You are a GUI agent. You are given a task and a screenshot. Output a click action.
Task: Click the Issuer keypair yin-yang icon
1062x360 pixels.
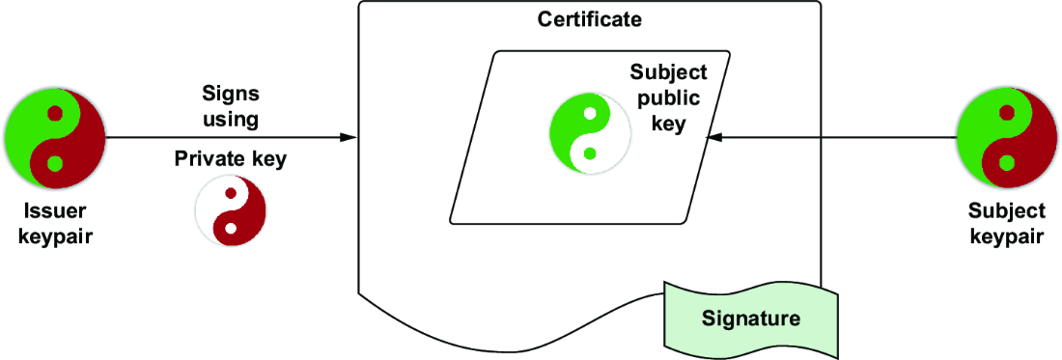click(x=55, y=138)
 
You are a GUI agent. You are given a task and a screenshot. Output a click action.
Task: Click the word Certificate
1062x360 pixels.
click(x=589, y=19)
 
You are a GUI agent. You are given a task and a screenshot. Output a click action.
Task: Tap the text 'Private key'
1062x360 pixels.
click(x=231, y=159)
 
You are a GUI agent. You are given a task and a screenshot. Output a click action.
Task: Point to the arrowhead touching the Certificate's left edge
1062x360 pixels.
click(x=349, y=138)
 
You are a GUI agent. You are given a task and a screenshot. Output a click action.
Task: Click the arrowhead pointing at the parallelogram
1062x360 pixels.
click(x=714, y=138)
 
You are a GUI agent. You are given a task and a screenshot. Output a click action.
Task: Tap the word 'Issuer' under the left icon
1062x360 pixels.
click(x=55, y=211)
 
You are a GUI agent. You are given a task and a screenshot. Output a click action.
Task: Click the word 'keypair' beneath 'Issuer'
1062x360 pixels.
click(x=55, y=237)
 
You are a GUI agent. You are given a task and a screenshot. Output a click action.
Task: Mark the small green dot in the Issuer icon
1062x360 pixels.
click(x=55, y=163)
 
